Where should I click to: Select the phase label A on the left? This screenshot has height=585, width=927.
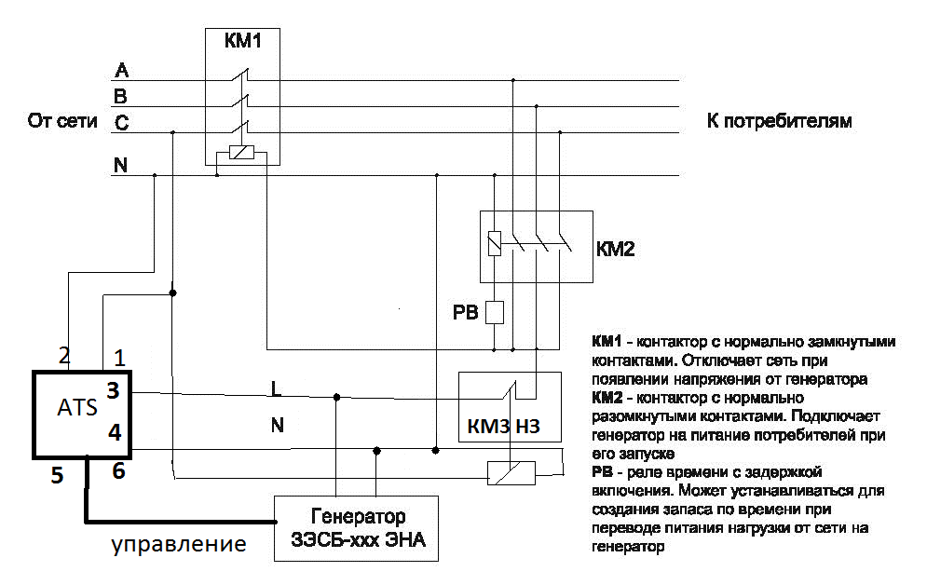pos(120,71)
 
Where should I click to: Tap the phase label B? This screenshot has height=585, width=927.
pos(120,96)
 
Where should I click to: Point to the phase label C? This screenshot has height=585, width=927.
pos(121,122)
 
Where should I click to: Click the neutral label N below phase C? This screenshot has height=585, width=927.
pos(120,166)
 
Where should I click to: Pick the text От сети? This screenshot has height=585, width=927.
pos(63,121)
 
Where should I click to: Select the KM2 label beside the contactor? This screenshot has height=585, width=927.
pos(615,249)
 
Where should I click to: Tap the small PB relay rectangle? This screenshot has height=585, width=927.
pos(496,311)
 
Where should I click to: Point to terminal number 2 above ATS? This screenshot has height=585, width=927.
pos(64,355)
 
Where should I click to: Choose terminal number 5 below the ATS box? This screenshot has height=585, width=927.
pos(57,476)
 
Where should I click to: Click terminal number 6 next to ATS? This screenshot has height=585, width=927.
pos(117,471)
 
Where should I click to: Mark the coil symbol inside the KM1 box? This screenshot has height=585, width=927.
pos(241,155)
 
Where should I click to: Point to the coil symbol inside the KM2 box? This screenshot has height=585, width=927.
pos(495,244)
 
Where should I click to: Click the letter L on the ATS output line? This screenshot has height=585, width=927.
pos(275,386)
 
